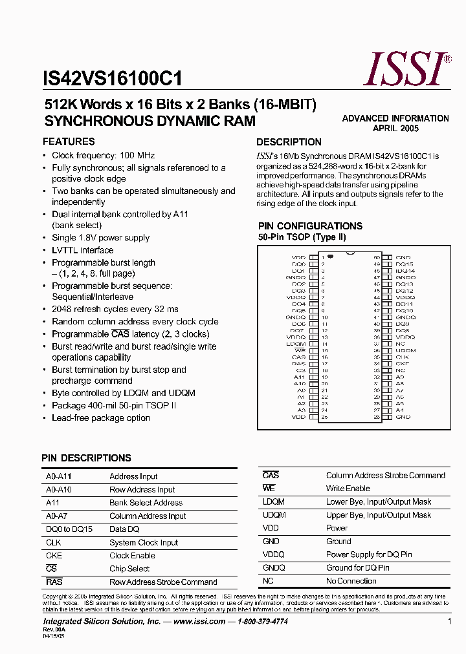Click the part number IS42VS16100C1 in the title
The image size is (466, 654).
pos(112,79)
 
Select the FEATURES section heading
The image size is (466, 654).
pos(69,142)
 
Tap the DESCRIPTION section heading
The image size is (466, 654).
pos(289,142)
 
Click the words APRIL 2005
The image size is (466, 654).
pos(395,129)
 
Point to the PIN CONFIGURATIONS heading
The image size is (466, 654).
pos(310,226)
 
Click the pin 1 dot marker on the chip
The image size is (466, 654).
pos(330,257)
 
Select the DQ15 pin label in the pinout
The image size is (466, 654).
pos(404,264)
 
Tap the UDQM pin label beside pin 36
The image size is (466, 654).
pos(406,350)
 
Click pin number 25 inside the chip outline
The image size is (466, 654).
pos(324,417)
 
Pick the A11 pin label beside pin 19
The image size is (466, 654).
pos(299,377)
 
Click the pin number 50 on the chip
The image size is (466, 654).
pos(376,257)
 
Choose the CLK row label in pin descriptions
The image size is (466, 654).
pos(53,542)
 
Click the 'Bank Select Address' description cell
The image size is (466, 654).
pos(146,503)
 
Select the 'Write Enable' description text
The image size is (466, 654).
pos(348,489)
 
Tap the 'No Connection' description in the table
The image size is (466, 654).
pos(351,581)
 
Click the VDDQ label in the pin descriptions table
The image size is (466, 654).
pos(273,554)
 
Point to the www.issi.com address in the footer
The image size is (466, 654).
pos(199,622)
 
